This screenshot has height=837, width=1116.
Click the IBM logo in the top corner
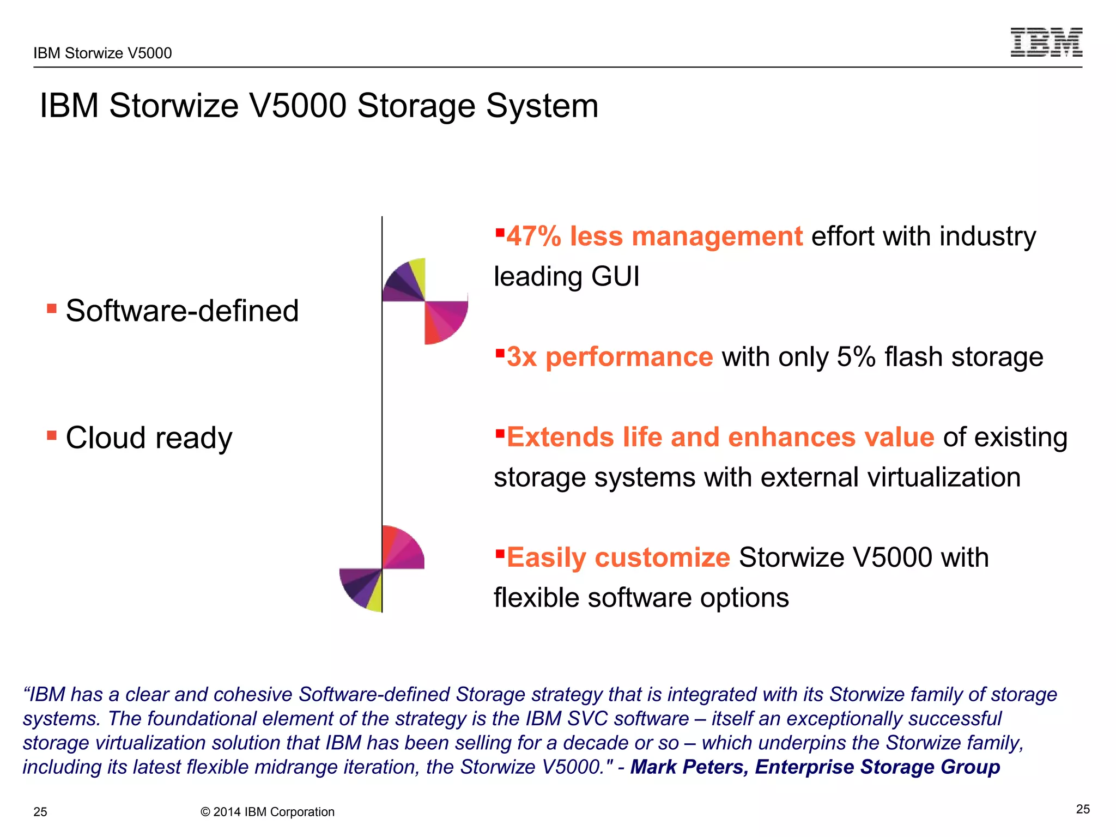(1046, 42)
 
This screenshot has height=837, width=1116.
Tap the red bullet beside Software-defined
(52, 309)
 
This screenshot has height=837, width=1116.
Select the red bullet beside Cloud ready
(52, 435)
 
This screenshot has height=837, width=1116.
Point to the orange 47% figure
(533, 236)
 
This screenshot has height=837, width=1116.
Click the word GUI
(615, 276)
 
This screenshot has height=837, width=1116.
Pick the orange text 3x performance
(610, 357)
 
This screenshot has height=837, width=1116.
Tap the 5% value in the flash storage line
(856, 357)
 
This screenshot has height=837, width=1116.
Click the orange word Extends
(560, 438)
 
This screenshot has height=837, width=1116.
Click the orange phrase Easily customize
(618, 558)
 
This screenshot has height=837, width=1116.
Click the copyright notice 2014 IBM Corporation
(268, 812)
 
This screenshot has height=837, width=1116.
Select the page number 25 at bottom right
(1083, 809)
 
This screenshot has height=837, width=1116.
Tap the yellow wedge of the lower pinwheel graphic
(375, 598)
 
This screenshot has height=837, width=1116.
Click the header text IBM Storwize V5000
(102, 53)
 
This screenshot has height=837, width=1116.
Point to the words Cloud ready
(149, 438)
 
